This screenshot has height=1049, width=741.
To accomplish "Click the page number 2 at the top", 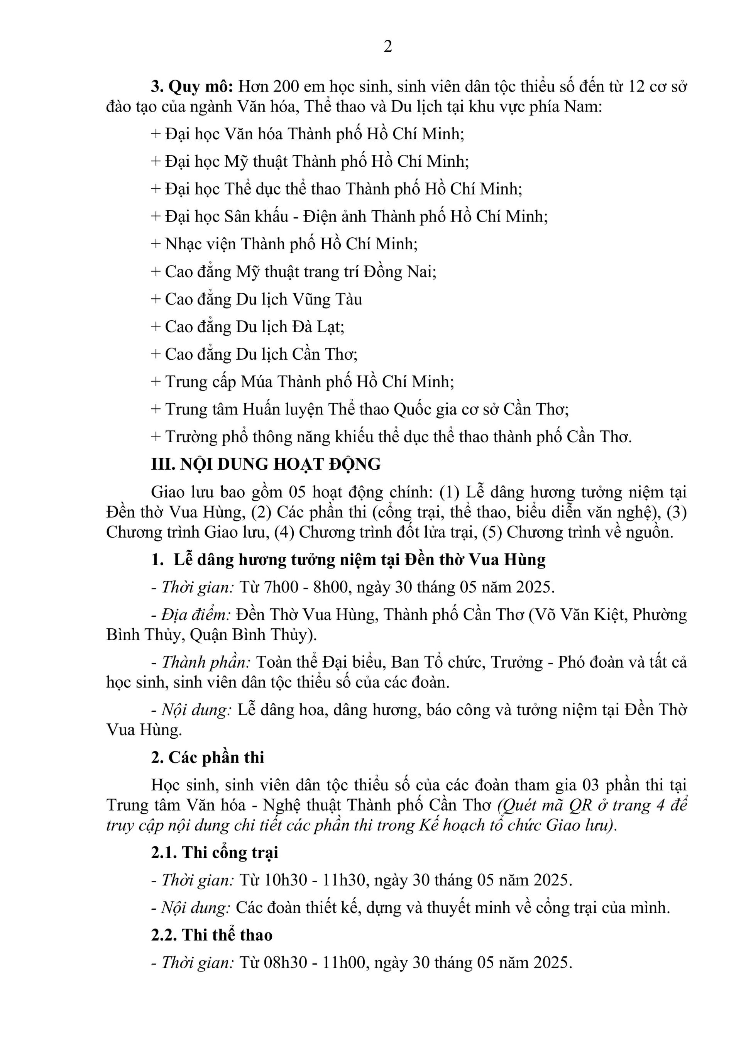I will (387, 47).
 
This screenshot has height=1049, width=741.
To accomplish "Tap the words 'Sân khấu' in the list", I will (256, 216).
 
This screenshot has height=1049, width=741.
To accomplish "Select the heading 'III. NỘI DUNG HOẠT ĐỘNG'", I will (266, 464).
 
